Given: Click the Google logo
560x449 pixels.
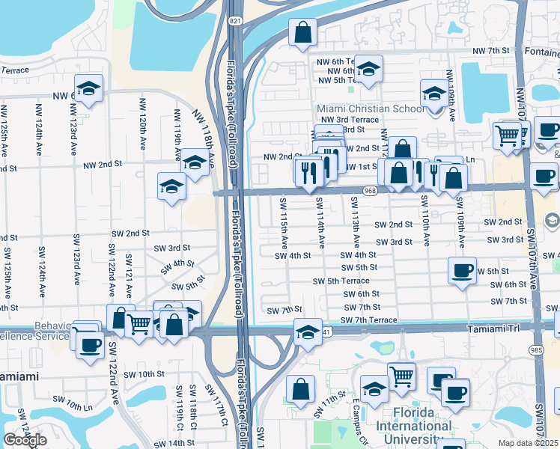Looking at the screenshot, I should [25, 440].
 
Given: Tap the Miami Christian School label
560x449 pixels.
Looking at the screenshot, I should [371, 109].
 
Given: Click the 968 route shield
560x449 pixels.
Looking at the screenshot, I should [369, 192].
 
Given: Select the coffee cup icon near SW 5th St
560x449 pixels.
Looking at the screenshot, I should [462, 269].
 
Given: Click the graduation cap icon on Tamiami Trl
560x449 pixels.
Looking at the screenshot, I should [307, 330].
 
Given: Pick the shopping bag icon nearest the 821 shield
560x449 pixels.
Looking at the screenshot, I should [303, 32].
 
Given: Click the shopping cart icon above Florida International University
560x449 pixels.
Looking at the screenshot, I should [402, 376].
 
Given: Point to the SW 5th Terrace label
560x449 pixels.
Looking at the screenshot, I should [341, 281].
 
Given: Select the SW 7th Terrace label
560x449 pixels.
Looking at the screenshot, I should [368, 320].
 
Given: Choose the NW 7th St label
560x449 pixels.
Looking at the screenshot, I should [491, 51].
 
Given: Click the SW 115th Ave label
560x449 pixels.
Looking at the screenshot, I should [284, 223].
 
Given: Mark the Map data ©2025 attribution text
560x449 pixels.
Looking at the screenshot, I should [529, 443].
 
